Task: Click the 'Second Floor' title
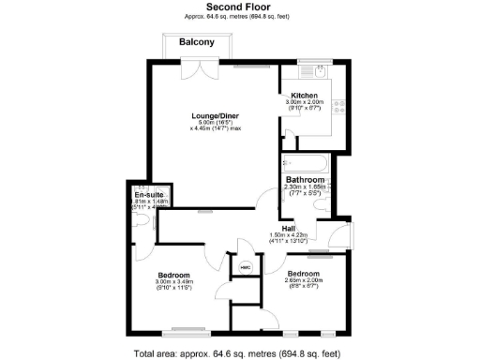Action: coord(239,7)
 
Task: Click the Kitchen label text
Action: coord(304,97)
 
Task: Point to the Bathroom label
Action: coord(305,179)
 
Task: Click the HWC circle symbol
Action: coord(246,267)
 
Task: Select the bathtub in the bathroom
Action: coord(305,164)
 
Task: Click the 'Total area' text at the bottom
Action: coord(238,353)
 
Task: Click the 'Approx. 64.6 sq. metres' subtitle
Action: coord(239,17)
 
